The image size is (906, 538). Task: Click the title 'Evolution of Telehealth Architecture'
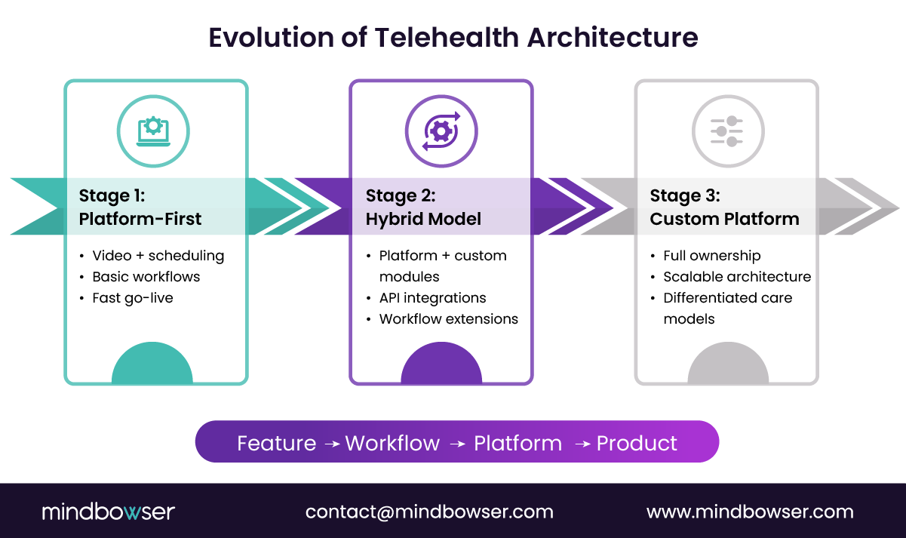point(453,37)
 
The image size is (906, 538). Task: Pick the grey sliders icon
point(727,131)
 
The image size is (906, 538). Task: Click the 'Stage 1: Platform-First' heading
point(140,208)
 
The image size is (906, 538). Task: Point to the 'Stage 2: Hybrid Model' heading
point(423,208)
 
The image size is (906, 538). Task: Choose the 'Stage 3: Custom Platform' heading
point(724,208)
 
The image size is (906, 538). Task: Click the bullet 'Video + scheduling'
point(158,256)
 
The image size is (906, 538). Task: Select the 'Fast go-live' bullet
point(133,298)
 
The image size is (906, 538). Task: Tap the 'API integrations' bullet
point(432,298)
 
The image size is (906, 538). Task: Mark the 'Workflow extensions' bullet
point(448,319)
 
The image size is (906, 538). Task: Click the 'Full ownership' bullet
point(711,256)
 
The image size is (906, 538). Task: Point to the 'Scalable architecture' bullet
point(737,277)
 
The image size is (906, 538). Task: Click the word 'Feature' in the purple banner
point(276,443)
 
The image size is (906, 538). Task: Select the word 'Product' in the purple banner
point(637,443)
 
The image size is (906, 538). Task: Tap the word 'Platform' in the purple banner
point(517,443)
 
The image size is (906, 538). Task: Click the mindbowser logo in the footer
point(108,512)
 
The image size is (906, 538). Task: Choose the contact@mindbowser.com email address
point(429,512)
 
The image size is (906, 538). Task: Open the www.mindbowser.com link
point(750,512)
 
